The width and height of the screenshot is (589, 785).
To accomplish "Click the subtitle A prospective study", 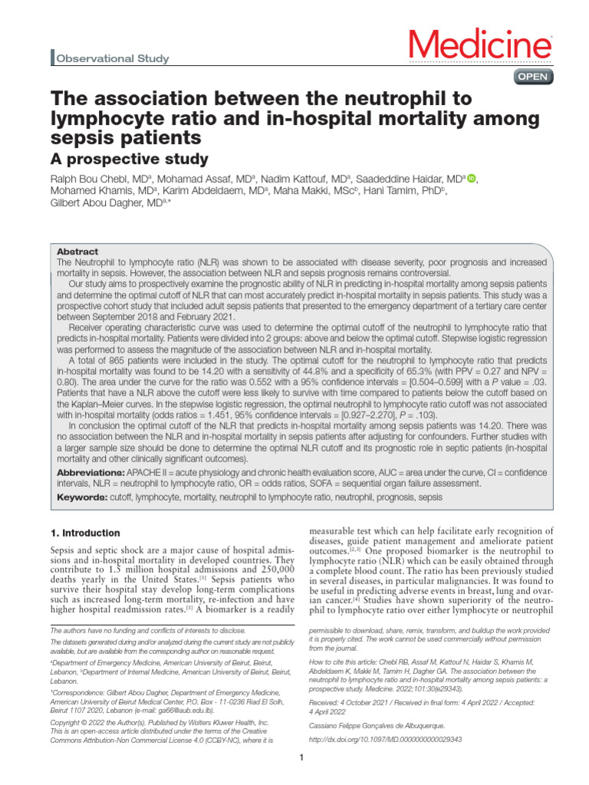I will tap(129, 159).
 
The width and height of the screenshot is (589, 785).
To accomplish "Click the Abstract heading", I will tap(77, 251).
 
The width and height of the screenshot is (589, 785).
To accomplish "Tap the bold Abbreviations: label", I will tap(91, 471).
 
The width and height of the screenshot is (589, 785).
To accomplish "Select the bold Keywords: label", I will tap(83, 497).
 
